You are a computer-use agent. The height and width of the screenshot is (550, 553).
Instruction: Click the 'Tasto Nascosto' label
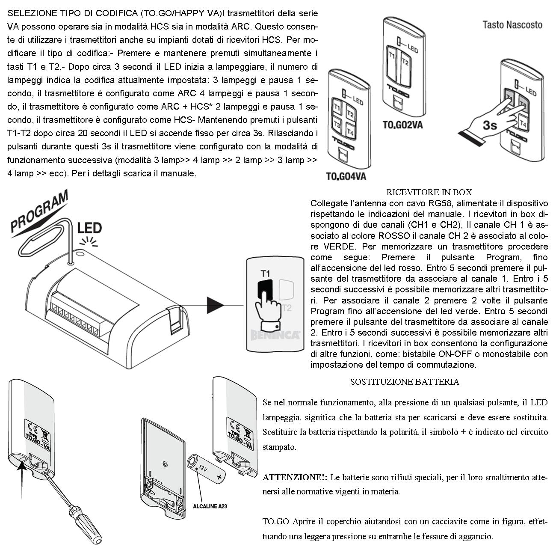click(512, 24)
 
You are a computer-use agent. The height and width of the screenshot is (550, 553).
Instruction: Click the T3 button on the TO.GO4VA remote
click(337, 125)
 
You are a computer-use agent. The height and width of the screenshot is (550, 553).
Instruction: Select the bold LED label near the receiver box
click(89, 228)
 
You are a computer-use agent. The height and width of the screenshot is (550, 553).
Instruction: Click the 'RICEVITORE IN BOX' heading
click(429, 192)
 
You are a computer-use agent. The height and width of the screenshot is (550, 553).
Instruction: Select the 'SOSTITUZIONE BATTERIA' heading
click(404, 382)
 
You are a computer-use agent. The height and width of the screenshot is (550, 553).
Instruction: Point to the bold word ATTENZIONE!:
click(295, 477)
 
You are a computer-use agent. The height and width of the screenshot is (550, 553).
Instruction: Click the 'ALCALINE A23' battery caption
click(210, 506)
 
